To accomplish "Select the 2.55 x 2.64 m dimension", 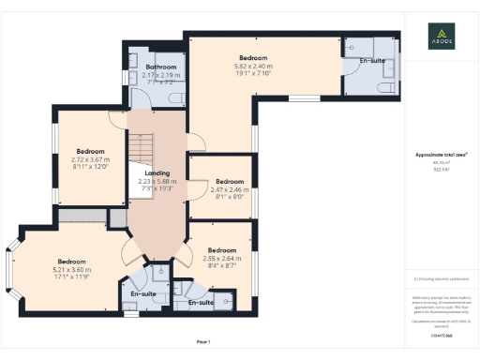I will click(x=222, y=259).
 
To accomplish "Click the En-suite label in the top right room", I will click(x=372, y=60).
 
